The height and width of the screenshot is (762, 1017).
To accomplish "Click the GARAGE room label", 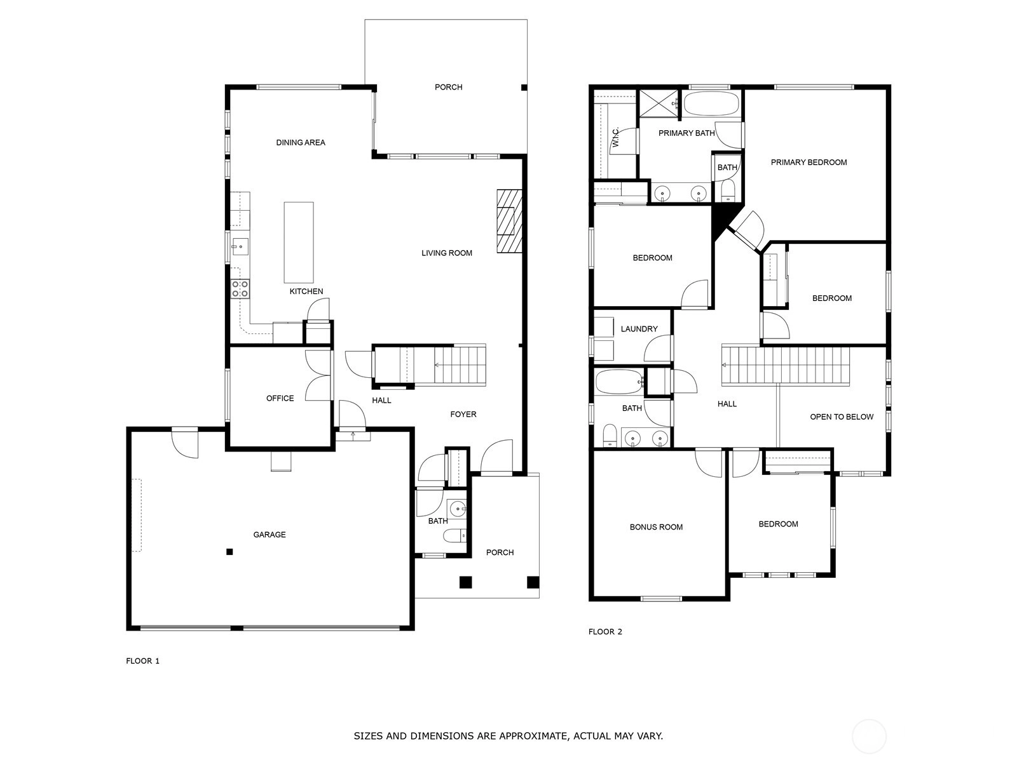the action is click(x=270, y=535).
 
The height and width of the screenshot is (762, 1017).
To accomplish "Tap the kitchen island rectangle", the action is click(x=298, y=243).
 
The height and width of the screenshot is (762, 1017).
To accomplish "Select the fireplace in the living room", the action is click(x=509, y=221).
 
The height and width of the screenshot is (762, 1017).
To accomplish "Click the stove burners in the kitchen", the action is click(x=240, y=289).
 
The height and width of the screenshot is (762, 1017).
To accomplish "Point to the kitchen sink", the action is click(x=240, y=246).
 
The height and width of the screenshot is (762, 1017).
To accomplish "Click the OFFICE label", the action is click(x=280, y=398).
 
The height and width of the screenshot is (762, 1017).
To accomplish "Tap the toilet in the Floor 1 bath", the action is click(x=454, y=536).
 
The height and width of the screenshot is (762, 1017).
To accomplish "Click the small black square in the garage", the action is click(x=229, y=551).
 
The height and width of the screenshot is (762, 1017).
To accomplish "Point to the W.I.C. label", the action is click(x=616, y=137).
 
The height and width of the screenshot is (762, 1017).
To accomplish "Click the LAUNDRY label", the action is click(x=639, y=329).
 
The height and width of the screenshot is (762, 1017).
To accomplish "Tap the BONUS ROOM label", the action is click(x=656, y=527).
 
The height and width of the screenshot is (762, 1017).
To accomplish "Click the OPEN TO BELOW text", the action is click(x=842, y=417).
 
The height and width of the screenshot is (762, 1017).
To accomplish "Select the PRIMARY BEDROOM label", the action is click(x=809, y=163).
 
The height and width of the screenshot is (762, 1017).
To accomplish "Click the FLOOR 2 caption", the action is click(x=605, y=632).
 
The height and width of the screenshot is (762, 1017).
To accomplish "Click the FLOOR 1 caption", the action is click(x=143, y=660).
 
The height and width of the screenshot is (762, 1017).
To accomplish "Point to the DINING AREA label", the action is click(x=301, y=142).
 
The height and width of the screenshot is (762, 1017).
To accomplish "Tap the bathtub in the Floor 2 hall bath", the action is click(x=620, y=382).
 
